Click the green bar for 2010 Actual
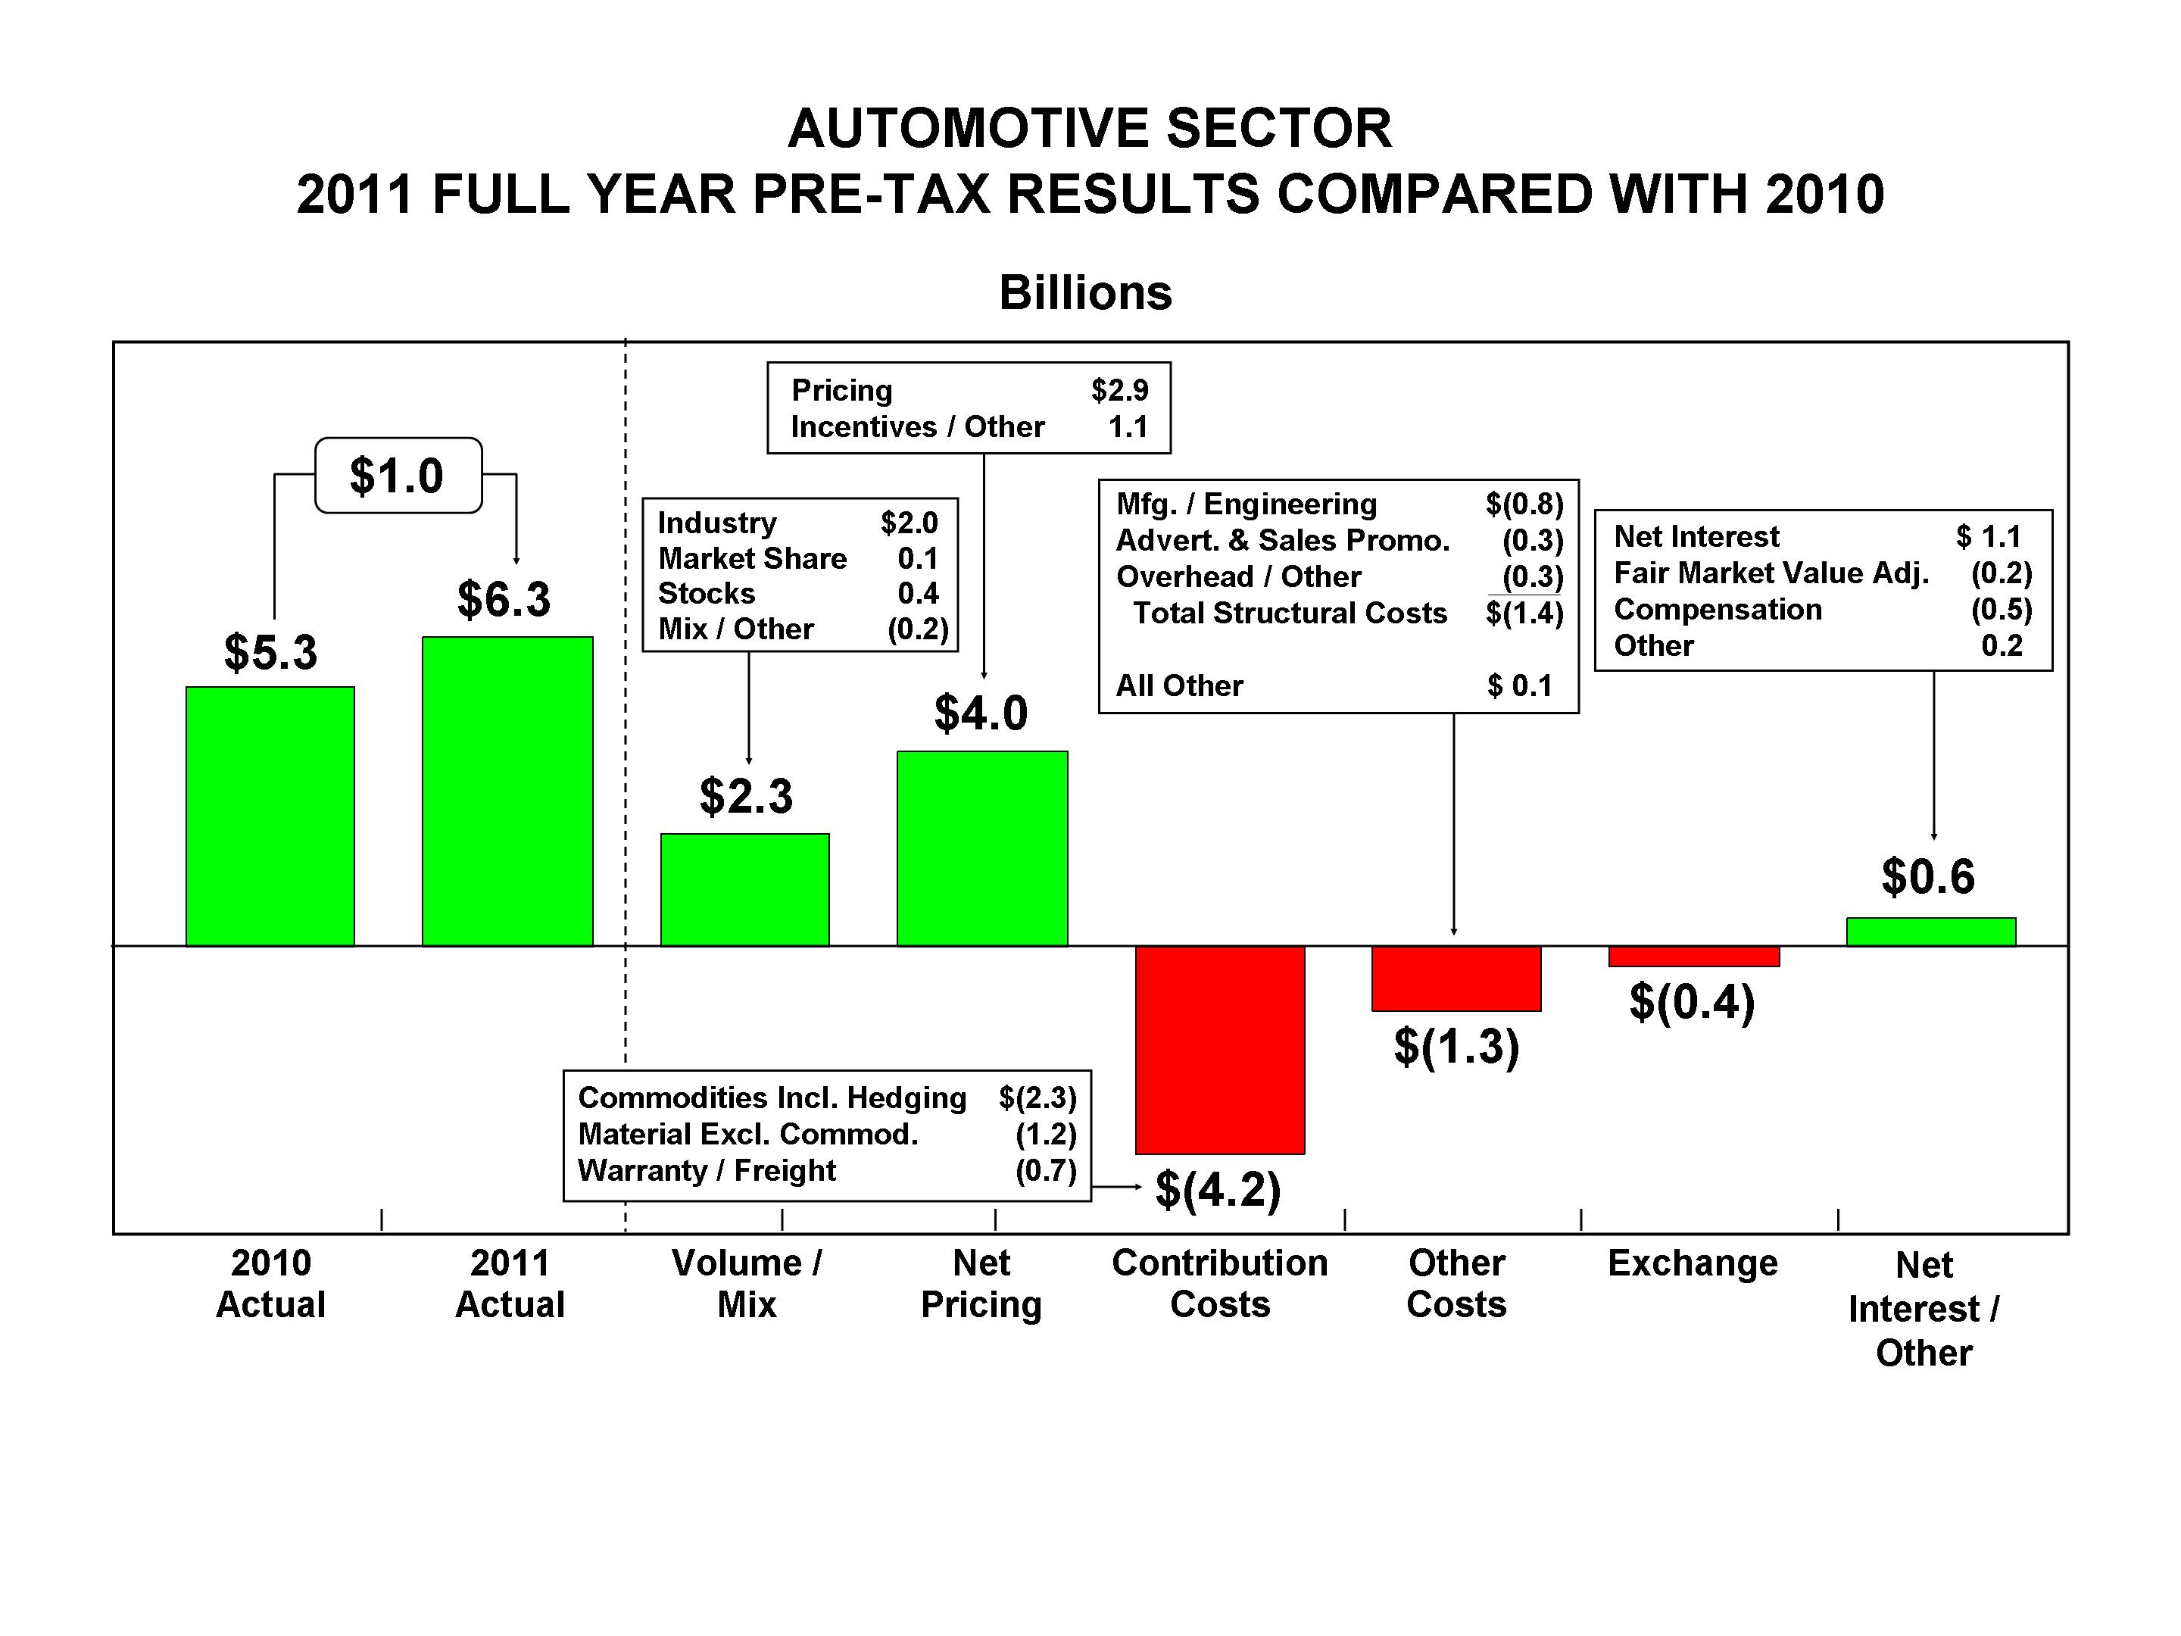click(270, 816)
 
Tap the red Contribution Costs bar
click(1220, 1049)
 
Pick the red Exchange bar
click(1693, 957)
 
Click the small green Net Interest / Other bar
click(1930, 932)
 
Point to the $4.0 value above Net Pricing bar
click(981, 713)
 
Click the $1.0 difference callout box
click(398, 476)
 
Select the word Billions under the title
click(1085, 293)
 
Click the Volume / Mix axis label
click(747, 1283)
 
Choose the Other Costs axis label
click(1456, 1283)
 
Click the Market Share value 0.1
click(917, 559)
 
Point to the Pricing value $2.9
click(1119, 391)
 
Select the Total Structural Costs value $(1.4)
click(1524, 613)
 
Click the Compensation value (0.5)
click(2001, 610)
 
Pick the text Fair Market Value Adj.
click(1771, 573)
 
